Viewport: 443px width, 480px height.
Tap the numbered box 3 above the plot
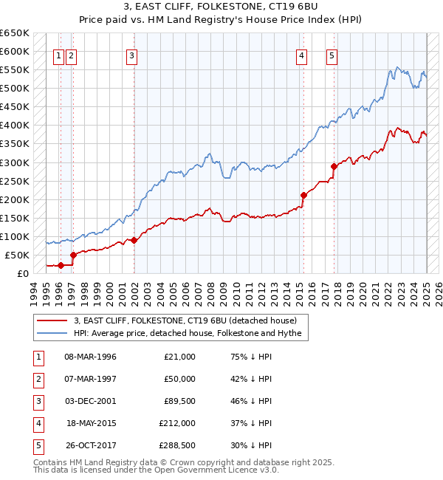[131, 55]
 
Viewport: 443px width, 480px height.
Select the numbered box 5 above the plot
[332, 55]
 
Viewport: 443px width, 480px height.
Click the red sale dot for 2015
[303, 195]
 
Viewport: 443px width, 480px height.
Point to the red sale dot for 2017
[334, 166]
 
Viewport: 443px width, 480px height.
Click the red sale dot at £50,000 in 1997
[73, 255]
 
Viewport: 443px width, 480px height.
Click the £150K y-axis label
[15, 218]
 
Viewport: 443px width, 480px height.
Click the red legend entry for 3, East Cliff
[185, 320]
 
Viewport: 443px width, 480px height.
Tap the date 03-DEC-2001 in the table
[91, 401]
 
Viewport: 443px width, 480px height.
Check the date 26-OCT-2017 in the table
[91, 445]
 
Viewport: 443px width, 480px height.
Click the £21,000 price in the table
[179, 357]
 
